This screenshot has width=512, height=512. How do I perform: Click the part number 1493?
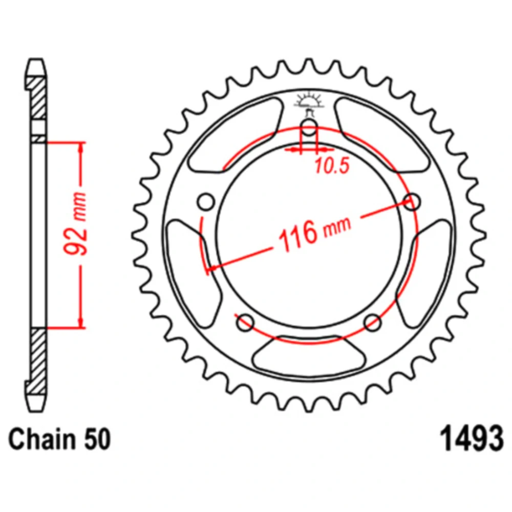point(472,439)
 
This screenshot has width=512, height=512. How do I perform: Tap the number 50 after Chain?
point(97,439)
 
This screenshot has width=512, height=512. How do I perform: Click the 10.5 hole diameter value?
point(332,165)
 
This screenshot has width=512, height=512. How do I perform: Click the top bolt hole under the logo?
point(309,127)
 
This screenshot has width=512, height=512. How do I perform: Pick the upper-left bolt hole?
point(206,202)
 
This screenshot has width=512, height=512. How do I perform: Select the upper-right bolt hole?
point(412,201)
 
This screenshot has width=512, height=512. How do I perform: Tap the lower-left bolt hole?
point(245,323)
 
